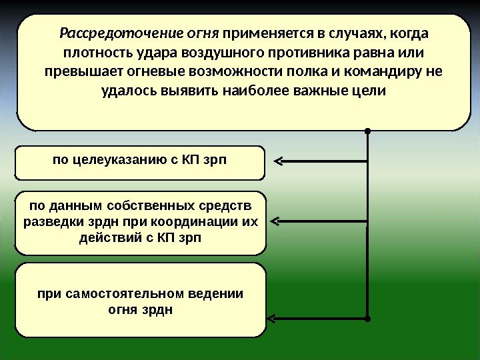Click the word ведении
(218, 293)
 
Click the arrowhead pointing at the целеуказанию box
(278, 161)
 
